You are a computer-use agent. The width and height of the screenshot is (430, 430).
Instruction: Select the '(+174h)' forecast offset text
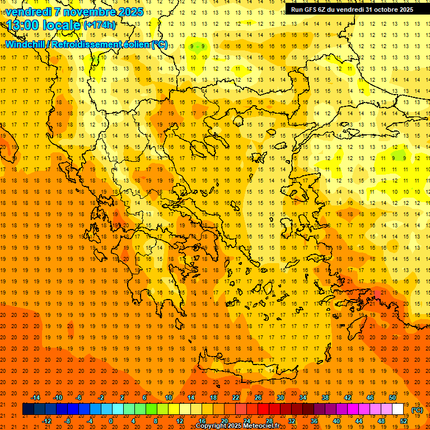pos(100,25)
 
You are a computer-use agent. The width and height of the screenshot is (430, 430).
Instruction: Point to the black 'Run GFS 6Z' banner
pos(352,9)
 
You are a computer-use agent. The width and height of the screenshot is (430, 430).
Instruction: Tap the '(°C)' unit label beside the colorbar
pos(417,410)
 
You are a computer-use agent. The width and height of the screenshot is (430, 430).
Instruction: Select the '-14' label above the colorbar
pos(35,398)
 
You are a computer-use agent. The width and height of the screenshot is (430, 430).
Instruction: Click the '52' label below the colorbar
pos(404,421)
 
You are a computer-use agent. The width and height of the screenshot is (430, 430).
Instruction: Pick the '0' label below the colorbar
pos(111,421)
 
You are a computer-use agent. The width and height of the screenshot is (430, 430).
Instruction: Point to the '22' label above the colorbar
pos(236,398)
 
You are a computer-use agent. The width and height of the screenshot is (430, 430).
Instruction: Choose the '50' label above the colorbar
pos(392,398)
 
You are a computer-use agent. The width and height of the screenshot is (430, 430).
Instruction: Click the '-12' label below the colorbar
pos(46,421)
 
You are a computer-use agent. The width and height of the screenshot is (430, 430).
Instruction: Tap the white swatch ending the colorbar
pos(398,409)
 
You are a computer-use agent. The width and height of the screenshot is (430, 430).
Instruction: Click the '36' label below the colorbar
pos(314,421)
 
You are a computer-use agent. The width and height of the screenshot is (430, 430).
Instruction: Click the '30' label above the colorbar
pos(281,398)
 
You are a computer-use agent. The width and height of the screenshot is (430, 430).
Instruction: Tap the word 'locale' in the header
pos(62,25)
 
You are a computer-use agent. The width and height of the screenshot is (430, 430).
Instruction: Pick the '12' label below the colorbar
pos(180,421)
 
